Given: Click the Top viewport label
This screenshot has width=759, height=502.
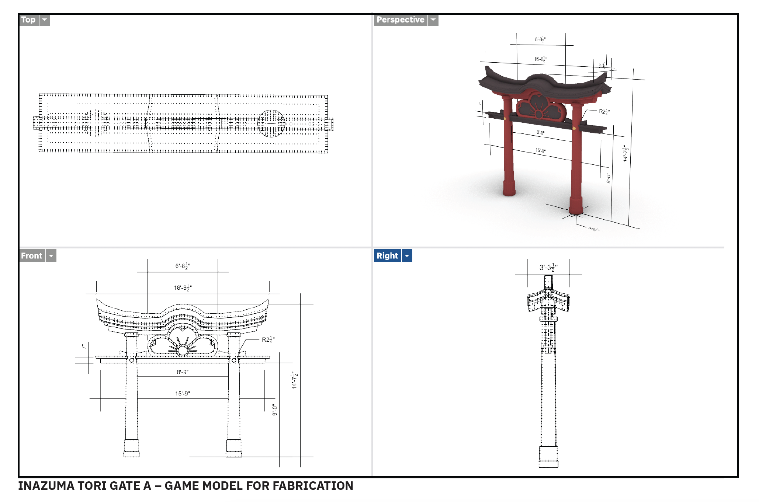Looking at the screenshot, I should pos(28,20).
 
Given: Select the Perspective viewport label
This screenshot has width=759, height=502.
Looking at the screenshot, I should pos(400,20).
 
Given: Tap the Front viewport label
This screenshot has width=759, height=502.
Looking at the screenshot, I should pos(32,256).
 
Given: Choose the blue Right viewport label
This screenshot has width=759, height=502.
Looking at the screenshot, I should pos(387,256).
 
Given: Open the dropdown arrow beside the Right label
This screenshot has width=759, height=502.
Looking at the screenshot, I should pos(407,256).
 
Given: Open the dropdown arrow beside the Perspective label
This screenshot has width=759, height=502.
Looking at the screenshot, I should pos(433,20).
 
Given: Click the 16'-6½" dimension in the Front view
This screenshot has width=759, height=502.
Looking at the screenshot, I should pos(183,288).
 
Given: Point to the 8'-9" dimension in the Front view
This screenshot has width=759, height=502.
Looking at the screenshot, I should pos(183,372).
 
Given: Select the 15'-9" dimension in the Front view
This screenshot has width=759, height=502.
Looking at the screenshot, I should pos(183,394).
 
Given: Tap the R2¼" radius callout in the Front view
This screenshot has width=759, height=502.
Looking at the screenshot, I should pos(268,340).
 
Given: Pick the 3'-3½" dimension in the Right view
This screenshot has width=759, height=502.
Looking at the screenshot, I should pos(548,268).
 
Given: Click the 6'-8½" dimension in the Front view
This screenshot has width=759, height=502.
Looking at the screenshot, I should pos(183,266).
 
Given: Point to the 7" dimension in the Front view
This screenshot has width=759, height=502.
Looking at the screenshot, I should pos(84,347).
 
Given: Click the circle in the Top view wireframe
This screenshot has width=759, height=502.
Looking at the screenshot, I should pos(271,123).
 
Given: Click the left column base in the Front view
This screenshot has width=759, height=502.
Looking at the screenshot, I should pos(131,448).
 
